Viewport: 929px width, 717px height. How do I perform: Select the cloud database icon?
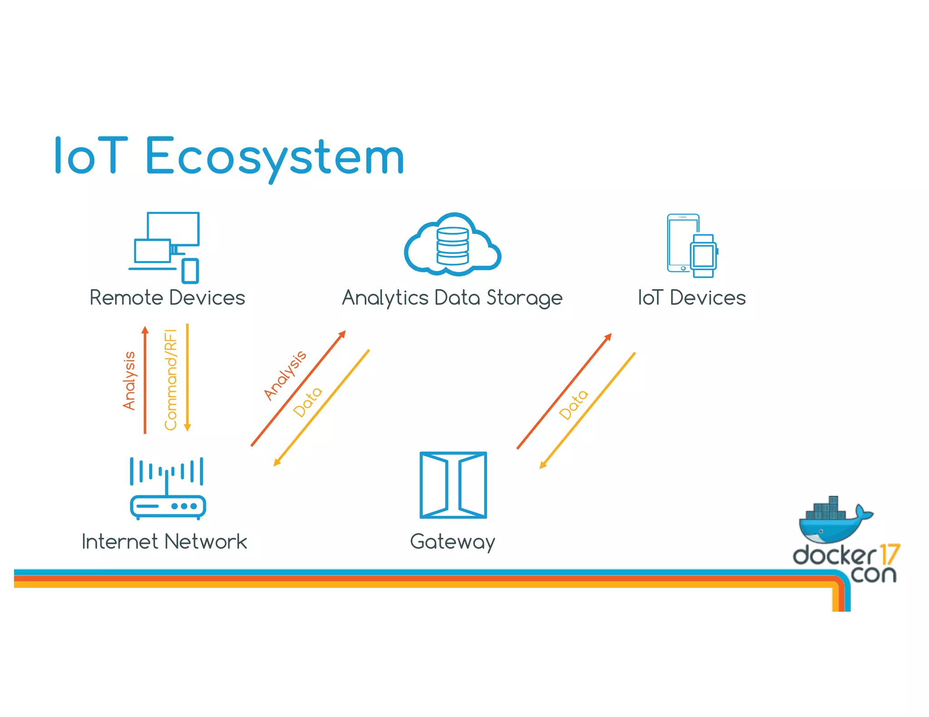[452, 245]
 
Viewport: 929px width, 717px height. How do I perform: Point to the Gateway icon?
[453, 485]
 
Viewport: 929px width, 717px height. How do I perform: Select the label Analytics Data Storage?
[452, 298]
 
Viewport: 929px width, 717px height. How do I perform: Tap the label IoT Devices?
[691, 298]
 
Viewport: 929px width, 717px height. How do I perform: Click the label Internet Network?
[164, 542]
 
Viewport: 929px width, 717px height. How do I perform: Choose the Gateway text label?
[452, 542]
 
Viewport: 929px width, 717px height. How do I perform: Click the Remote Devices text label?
[167, 298]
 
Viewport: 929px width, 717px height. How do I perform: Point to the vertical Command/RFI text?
[171, 380]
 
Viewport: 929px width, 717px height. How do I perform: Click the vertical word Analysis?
[129, 381]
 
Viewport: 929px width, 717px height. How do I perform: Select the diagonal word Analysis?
[285, 375]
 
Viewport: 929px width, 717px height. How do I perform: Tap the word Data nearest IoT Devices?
[573, 404]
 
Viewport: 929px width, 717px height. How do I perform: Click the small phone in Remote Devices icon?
[190, 271]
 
